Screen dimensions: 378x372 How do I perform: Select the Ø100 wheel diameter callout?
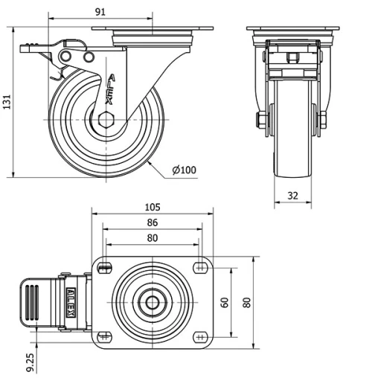(x=185, y=170)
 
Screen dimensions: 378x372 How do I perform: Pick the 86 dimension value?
(x=152, y=222)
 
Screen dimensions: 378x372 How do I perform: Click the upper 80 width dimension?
(x=152, y=239)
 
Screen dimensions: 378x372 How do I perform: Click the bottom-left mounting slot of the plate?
(x=105, y=337)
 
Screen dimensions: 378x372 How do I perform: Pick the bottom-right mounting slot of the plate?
(x=200, y=337)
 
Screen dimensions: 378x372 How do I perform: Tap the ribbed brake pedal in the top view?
(x=34, y=303)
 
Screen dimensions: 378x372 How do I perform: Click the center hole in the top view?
(x=153, y=303)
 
